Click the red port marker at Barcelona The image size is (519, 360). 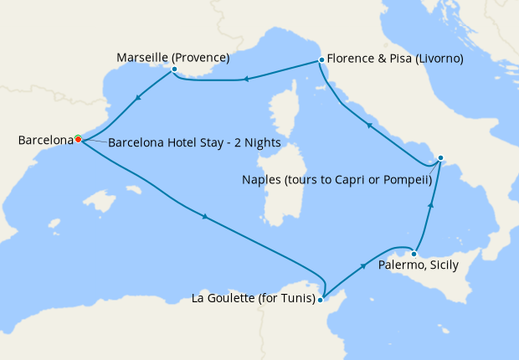point(78,139)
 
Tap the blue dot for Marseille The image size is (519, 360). point(174,69)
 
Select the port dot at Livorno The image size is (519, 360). point(321,60)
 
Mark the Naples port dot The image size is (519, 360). point(441,157)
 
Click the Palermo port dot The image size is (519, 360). point(414,254)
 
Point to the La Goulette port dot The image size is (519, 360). point(321,299)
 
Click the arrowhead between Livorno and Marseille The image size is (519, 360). point(246,80)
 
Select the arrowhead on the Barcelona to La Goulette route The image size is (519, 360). point(204,219)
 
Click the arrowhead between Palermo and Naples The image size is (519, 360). point(431,204)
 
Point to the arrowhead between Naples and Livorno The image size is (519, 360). point(368,126)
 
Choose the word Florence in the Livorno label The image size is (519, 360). point(353,59)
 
